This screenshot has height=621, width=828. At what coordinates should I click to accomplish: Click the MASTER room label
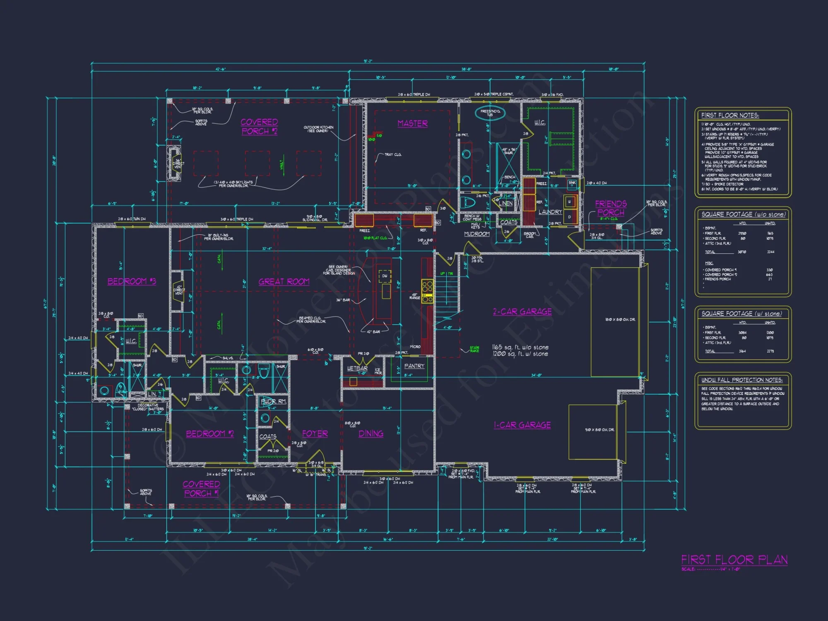(x=412, y=123)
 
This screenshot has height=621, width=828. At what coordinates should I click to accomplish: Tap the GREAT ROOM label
(x=284, y=282)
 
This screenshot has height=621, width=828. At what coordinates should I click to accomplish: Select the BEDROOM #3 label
(x=132, y=281)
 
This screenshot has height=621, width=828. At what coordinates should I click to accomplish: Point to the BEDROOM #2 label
(x=210, y=433)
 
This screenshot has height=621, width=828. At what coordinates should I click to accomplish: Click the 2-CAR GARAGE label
(x=522, y=311)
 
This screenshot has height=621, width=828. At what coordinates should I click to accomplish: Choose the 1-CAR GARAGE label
(x=522, y=425)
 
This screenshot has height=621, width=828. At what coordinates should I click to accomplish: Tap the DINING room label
(x=371, y=433)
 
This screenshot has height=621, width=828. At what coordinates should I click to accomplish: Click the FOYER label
(x=315, y=433)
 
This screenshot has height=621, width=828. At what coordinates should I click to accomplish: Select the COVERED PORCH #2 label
(x=259, y=126)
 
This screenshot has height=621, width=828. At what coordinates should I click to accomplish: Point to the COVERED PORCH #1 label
(x=201, y=489)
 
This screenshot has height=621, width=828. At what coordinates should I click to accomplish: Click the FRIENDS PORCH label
(x=611, y=208)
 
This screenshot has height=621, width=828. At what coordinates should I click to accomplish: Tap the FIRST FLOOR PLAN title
(x=734, y=560)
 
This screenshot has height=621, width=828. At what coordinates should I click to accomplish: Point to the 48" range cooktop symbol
(x=427, y=291)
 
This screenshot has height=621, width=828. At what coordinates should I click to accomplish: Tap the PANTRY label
(x=414, y=366)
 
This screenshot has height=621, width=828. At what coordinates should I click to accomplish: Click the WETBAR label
(x=357, y=368)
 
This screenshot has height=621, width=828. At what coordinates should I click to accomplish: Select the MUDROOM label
(x=477, y=234)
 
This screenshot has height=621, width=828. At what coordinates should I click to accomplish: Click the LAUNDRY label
(x=550, y=212)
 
